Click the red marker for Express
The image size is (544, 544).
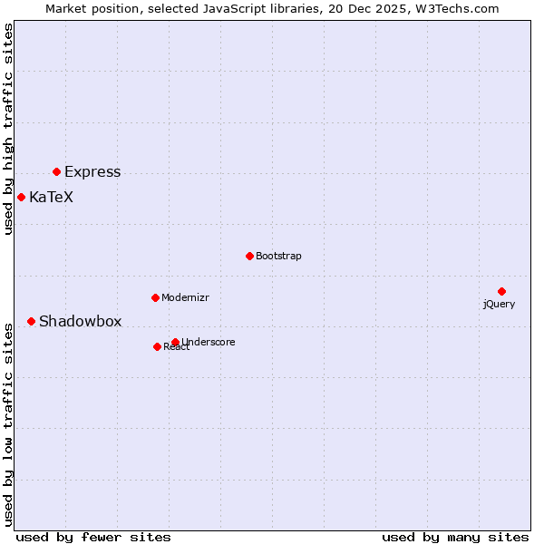pyautogui.click(x=56, y=171)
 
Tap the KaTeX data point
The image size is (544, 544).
pyautogui.click(x=21, y=197)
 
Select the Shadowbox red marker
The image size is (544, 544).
pyautogui.click(x=31, y=321)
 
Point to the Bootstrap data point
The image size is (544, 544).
pyautogui.click(x=249, y=256)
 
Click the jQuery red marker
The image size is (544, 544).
pyautogui.click(x=501, y=291)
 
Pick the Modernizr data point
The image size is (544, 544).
pyautogui.click(x=155, y=297)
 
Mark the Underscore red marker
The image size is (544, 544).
pyautogui.click(x=175, y=342)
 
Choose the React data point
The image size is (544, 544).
pyautogui.click(x=157, y=346)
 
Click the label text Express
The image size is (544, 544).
pyautogui.click(x=92, y=172)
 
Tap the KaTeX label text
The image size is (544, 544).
pyautogui.click(x=51, y=197)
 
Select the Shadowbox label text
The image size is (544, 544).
pyautogui.click(x=80, y=321)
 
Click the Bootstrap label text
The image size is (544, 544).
pyautogui.click(x=278, y=256)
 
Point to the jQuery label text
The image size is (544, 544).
pyautogui.click(x=499, y=304)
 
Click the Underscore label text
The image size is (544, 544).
pyautogui.click(x=209, y=342)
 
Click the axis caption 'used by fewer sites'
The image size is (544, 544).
pyautogui.click(x=93, y=537)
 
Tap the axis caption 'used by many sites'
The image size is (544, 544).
pyautogui.click(x=455, y=537)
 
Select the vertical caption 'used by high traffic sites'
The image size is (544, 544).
pyautogui.click(x=9, y=129)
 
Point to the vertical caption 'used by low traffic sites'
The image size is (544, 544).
pyautogui.click(x=9, y=424)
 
